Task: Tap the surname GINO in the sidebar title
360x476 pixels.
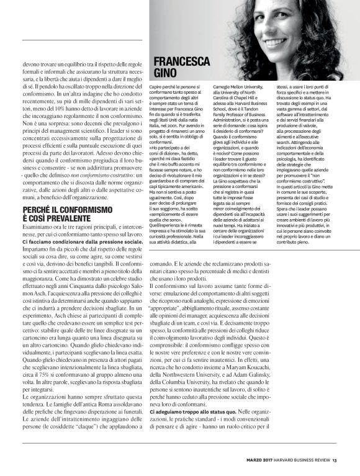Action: pyautogui.click(x=163, y=73)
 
